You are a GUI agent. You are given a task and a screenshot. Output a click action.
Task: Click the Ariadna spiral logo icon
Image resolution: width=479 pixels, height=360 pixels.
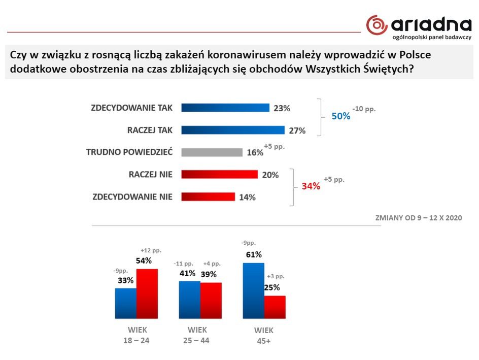(377, 25)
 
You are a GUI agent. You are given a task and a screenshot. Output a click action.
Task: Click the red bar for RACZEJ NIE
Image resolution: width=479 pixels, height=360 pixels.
(219, 175)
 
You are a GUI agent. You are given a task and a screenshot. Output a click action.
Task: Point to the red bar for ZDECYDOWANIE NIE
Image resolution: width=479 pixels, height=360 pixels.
(208, 197)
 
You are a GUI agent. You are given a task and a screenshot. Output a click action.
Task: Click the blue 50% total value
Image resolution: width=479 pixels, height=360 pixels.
(341, 116)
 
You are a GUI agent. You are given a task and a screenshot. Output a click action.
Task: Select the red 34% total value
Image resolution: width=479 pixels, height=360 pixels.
(311, 186)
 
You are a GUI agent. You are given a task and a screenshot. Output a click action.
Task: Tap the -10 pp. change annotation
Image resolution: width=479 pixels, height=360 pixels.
(364, 109)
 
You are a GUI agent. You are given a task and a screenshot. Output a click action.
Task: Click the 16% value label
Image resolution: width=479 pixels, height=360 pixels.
(255, 152)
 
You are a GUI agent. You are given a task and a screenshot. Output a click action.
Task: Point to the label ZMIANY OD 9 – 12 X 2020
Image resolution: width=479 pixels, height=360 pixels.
(418, 218)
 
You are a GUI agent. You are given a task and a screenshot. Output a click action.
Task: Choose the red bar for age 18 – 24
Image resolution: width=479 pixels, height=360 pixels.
(147, 293)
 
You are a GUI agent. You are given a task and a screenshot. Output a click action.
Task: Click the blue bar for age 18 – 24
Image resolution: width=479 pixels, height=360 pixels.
(126, 303)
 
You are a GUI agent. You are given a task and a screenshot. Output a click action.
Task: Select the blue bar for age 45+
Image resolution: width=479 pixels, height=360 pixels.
(254, 290)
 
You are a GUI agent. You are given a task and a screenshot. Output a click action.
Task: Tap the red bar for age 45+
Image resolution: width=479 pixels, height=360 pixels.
(275, 307)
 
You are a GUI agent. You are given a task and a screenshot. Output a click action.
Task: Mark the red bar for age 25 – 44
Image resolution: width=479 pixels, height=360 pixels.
(211, 300)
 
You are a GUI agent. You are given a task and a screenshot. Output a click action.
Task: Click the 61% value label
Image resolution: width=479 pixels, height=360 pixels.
(254, 254)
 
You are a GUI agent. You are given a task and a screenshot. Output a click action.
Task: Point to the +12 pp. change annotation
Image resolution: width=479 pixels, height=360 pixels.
(151, 250)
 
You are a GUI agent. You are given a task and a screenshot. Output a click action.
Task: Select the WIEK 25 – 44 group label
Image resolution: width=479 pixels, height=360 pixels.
(196, 335)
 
